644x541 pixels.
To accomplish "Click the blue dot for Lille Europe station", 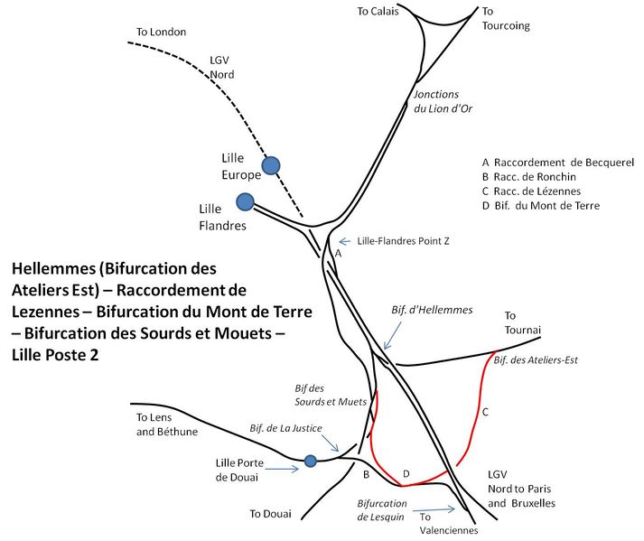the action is click(x=271, y=166).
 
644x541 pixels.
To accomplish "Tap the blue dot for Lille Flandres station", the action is click(x=245, y=202).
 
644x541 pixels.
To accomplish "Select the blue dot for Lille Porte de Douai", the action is click(x=311, y=461).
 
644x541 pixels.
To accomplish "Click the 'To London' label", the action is click(x=161, y=32).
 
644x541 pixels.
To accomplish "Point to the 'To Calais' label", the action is click(x=378, y=12).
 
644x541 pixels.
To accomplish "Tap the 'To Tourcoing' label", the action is click(x=506, y=19).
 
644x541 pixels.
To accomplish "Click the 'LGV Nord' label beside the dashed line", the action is click(x=222, y=68).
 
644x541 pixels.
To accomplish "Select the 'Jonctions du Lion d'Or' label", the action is click(x=443, y=101).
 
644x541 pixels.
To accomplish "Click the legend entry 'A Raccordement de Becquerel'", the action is click(x=558, y=163).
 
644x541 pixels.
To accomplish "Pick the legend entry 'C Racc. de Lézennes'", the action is click(x=531, y=191).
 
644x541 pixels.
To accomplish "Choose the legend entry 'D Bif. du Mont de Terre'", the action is click(x=541, y=206).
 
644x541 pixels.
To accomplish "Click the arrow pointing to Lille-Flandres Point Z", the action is click(x=344, y=241).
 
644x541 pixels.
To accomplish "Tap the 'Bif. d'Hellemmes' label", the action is click(x=432, y=310).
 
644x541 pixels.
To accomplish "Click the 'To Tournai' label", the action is click(x=522, y=322).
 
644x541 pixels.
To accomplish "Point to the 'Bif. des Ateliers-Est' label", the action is click(x=536, y=360).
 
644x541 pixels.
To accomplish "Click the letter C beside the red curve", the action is click(x=485, y=412).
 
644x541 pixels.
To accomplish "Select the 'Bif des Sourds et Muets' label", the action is click(x=331, y=396).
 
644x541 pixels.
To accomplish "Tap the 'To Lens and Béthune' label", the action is click(x=167, y=424).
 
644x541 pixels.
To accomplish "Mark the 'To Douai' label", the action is click(x=271, y=514).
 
